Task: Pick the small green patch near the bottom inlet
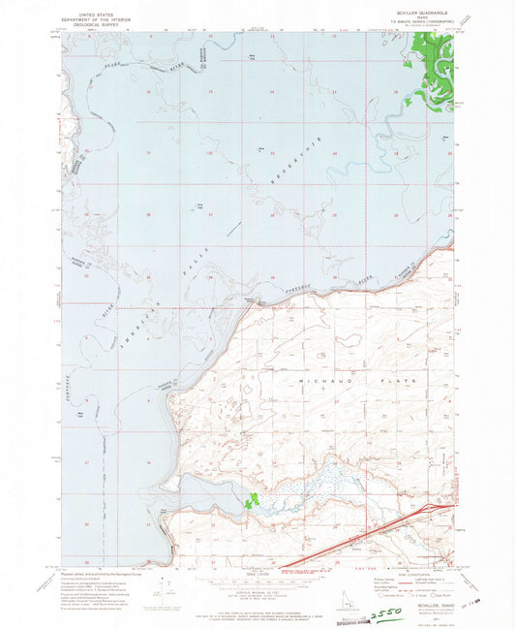tap(254, 501)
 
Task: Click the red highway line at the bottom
tap(368, 539)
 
